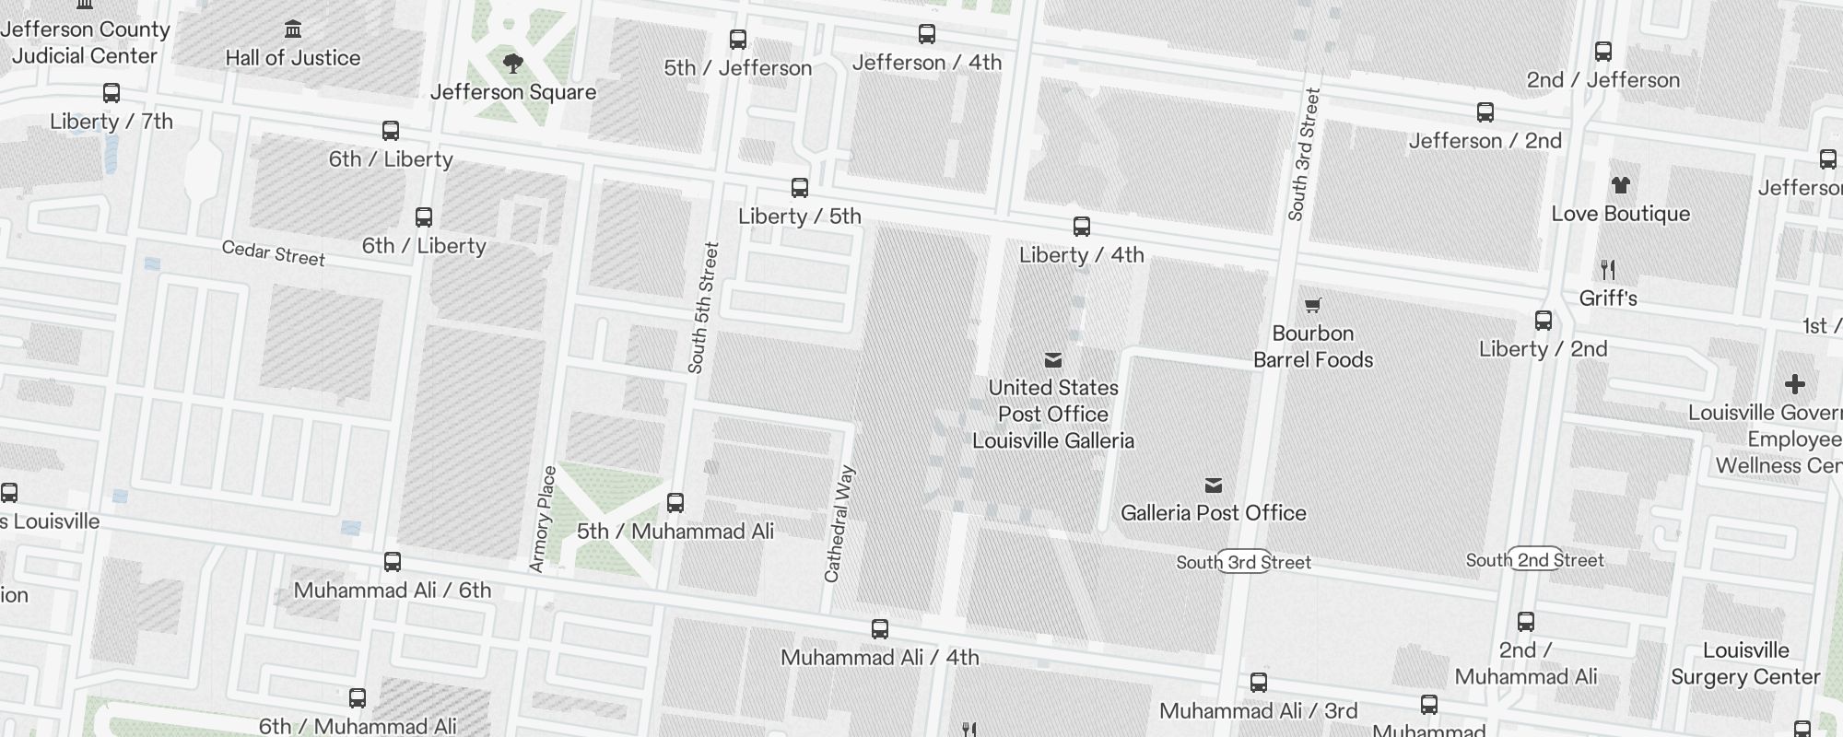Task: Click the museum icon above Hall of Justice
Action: pyautogui.click(x=293, y=29)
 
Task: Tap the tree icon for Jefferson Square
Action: pyautogui.click(x=513, y=64)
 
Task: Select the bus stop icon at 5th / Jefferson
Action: pyautogui.click(x=737, y=40)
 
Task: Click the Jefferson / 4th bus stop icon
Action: pyautogui.click(x=926, y=35)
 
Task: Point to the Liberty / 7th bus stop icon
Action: pyautogui.click(x=112, y=93)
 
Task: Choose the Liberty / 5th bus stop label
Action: pyautogui.click(x=799, y=216)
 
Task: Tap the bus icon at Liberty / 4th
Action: pyautogui.click(x=1082, y=227)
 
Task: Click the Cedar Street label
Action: pyautogui.click(x=273, y=252)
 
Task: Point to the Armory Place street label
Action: pyautogui.click(x=543, y=519)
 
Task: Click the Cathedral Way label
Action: pyautogui.click(x=839, y=524)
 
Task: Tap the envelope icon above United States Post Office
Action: pyautogui.click(x=1053, y=360)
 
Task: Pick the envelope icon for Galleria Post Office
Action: pyautogui.click(x=1214, y=485)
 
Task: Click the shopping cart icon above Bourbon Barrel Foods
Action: pyautogui.click(x=1313, y=306)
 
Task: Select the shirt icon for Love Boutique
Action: pyautogui.click(x=1620, y=186)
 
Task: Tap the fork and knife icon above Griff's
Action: pyautogui.click(x=1608, y=270)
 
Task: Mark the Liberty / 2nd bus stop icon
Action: pyautogui.click(x=1544, y=321)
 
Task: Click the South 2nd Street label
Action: pyautogui.click(x=1534, y=560)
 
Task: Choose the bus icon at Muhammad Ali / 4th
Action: pyautogui.click(x=880, y=629)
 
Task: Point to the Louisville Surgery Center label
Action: pyautogui.click(x=1745, y=663)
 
